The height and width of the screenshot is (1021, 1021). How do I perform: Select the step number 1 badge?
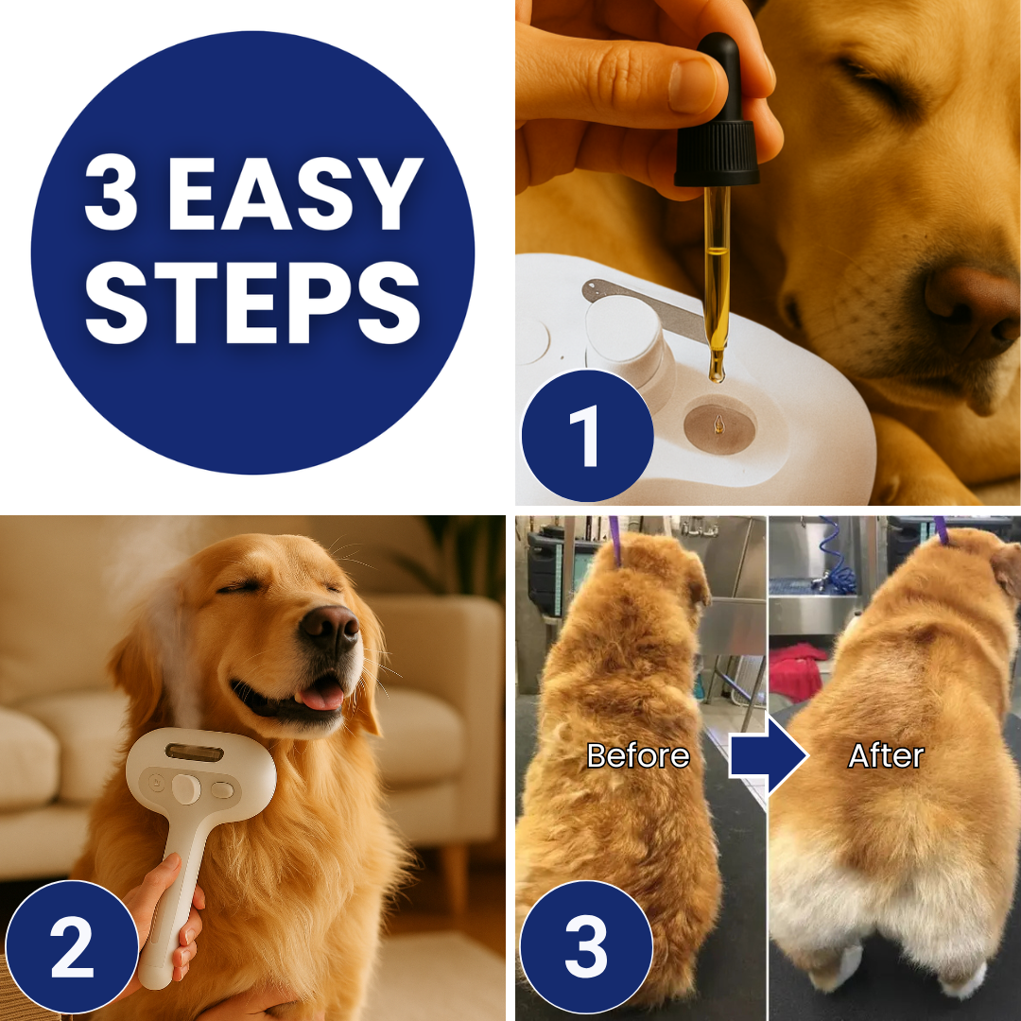pos(586,436)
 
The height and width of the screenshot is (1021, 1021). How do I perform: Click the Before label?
pos(637,755)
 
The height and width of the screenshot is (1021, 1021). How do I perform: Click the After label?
pos(885,755)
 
